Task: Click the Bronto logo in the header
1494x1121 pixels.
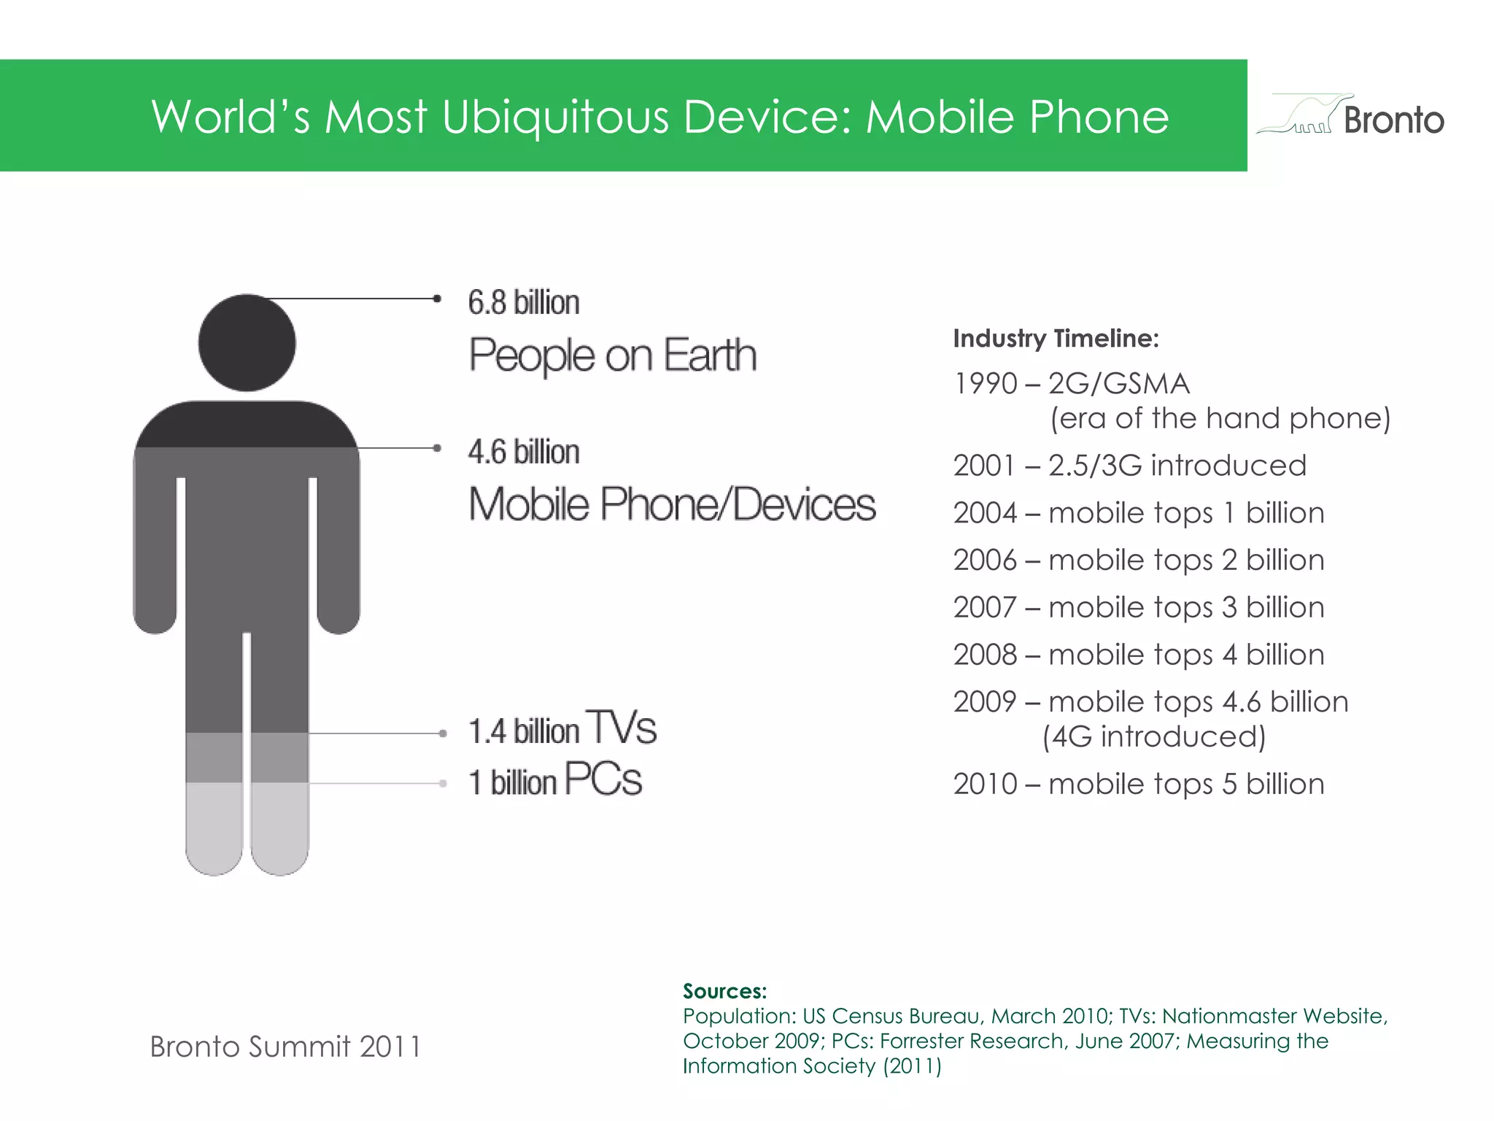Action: click(1350, 117)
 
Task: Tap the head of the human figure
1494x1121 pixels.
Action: click(247, 343)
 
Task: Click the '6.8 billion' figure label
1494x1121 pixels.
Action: click(524, 303)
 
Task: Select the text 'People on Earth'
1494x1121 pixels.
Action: click(612, 355)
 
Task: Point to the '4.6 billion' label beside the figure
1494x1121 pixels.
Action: click(524, 452)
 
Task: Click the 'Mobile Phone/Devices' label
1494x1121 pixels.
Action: click(672, 504)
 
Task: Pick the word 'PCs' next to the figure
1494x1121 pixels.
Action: click(603, 779)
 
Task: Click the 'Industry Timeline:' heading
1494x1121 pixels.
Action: click(1056, 339)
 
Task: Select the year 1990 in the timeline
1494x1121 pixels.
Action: click(985, 384)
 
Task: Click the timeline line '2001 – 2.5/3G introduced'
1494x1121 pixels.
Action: click(1129, 466)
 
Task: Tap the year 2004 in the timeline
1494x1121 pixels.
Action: click(985, 513)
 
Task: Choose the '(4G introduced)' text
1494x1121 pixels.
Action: click(1154, 736)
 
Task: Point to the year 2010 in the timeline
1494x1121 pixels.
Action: click(985, 785)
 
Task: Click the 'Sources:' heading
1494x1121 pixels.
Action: click(724, 991)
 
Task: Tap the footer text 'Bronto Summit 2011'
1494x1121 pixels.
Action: click(285, 1047)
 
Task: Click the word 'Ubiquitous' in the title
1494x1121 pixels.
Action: click(555, 117)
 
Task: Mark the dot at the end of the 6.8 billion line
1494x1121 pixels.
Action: click(437, 298)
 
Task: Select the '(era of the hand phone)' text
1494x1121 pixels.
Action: click(1220, 418)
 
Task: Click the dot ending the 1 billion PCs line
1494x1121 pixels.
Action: click(443, 784)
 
